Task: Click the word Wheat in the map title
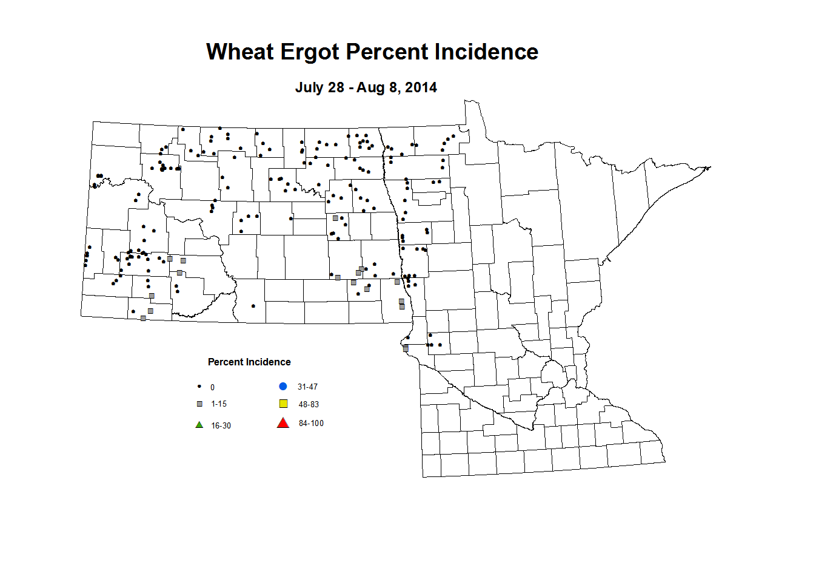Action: click(x=240, y=52)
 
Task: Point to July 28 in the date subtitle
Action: click(x=320, y=87)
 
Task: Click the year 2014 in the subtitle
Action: click(x=421, y=87)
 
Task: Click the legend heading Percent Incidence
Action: click(x=249, y=362)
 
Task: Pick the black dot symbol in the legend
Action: click(x=199, y=387)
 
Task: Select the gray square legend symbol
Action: click(x=199, y=404)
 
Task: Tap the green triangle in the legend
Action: click(x=199, y=425)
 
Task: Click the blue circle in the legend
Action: click(x=283, y=387)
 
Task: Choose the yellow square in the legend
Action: click(x=283, y=404)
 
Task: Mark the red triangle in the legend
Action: click(x=283, y=423)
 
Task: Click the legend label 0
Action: click(x=212, y=387)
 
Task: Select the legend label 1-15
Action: click(x=219, y=404)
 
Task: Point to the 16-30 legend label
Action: click(x=221, y=426)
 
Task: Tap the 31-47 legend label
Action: click(x=307, y=387)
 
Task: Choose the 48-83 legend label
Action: click(x=309, y=405)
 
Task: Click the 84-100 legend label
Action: click(x=311, y=424)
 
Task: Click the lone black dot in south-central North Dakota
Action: click(x=253, y=306)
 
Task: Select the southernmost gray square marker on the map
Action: click(x=406, y=348)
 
